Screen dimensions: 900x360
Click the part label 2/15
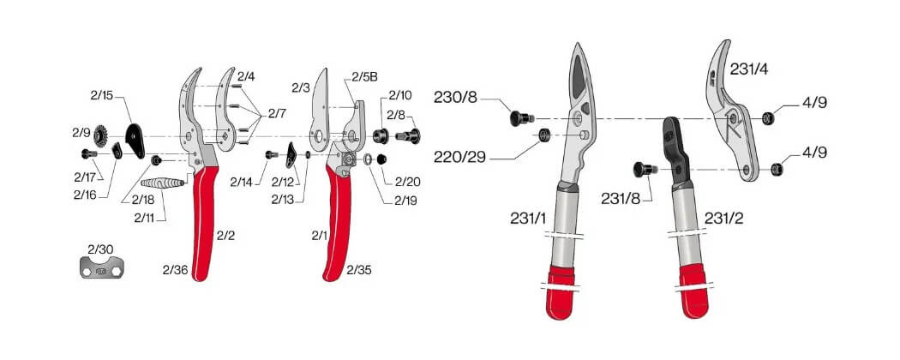tap(102, 96)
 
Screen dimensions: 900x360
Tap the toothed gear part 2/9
tap(101, 135)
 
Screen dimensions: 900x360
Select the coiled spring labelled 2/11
tap(163, 183)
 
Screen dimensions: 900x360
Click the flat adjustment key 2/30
tap(102, 267)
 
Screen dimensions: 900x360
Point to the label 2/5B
tap(364, 77)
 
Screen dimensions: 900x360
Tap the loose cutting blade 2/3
tap(319, 109)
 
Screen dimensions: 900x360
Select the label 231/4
tap(749, 69)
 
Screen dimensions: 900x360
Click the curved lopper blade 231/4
tap(730, 112)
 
